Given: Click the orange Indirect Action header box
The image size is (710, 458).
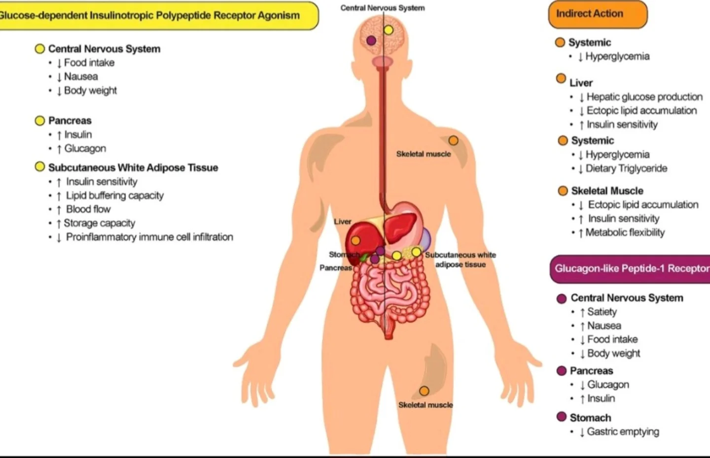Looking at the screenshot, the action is click(598, 14).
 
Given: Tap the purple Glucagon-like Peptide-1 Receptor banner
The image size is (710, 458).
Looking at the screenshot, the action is click(630, 269).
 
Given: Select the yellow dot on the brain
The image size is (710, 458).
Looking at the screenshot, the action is click(389, 30).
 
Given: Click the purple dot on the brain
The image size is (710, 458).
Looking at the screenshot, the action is click(371, 40).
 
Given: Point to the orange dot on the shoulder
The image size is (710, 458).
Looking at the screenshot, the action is click(453, 140).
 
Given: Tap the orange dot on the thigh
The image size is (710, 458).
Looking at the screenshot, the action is click(424, 391).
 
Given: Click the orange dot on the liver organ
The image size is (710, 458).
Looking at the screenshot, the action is click(355, 240).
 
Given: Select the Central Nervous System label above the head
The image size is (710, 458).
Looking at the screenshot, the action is click(383, 8).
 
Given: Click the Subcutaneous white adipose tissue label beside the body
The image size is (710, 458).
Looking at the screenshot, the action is click(461, 260).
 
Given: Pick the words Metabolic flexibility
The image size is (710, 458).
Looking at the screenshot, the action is click(625, 232).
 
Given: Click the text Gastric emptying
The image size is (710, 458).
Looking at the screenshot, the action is click(623, 432).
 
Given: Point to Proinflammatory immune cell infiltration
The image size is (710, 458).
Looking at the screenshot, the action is click(149, 237).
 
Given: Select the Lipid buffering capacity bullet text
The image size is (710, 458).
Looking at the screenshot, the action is click(115, 196).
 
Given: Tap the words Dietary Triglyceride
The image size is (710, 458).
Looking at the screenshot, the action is click(626, 168).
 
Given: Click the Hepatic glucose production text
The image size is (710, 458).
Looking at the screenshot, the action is click(645, 97).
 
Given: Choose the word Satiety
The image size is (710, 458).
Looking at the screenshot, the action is click(602, 312).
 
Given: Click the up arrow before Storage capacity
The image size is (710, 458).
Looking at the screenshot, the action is click(58, 224).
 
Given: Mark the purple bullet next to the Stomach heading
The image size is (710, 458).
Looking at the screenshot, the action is click(561, 417).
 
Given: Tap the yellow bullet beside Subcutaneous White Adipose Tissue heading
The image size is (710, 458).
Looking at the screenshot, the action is click(39, 166).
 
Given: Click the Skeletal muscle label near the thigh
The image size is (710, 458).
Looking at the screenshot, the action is click(426, 405).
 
